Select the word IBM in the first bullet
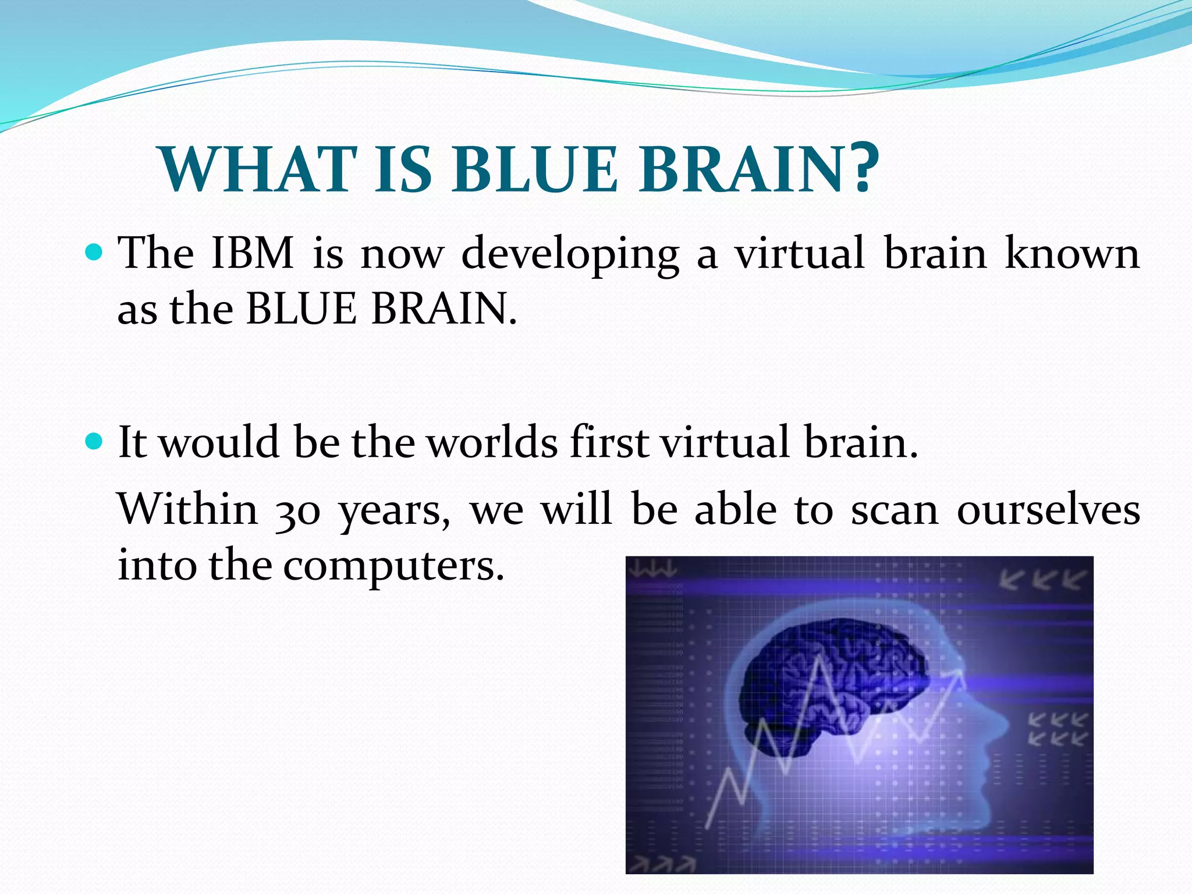click(252, 253)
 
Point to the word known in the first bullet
click(1072, 253)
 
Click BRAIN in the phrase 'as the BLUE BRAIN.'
click(444, 308)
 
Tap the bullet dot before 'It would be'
click(94, 441)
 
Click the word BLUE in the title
click(534, 169)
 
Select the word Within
click(188, 509)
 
